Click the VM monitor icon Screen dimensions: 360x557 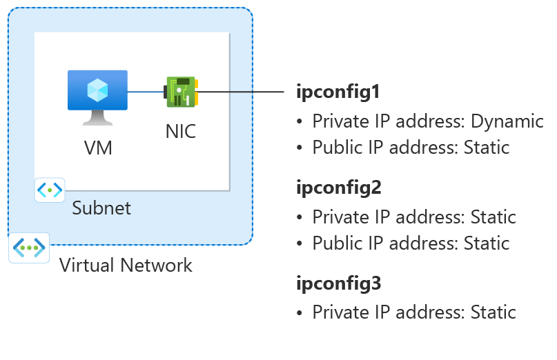pyautogui.click(x=97, y=95)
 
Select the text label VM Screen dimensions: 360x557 pyautogui.click(x=97, y=147)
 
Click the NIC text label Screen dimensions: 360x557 pyautogui.click(x=181, y=131)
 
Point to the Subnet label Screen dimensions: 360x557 pyautogui.click(x=101, y=208)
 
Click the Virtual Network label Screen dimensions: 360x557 pyautogui.click(x=126, y=265)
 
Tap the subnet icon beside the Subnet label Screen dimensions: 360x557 pyautogui.click(x=50, y=190)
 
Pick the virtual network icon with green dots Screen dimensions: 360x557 pyautogui.click(x=29, y=248)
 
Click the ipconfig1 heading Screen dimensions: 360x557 pyautogui.click(x=338, y=91)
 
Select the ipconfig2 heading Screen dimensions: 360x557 pyautogui.click(x=338, y=187)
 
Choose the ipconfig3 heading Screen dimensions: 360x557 pyautogui.click(x=338, y=283)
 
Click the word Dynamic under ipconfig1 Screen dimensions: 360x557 pyautogui.click(x=507, y=122)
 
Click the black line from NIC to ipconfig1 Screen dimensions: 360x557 pyautogui.click(x=242, y=91)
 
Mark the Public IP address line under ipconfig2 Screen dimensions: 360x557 pyautogui.click(x=411, y=243)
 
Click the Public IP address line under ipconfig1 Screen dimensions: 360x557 pyautogui.click(x=411, y=148)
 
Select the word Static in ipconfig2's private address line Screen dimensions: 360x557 pyautogui.click(x=493, y=218)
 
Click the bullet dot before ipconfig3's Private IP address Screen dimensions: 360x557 pyautogui.click(x=300, y=312)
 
